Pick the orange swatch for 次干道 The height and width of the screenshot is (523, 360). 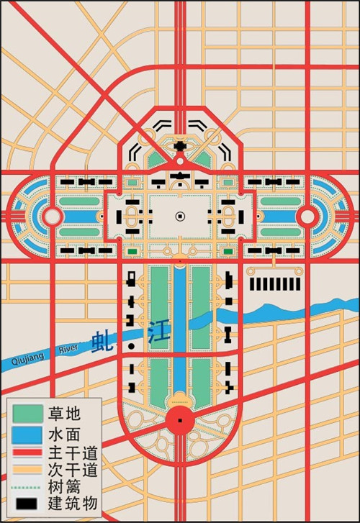click(x=27, y=470)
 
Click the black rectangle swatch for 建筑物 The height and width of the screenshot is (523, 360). click(x=27, y=503)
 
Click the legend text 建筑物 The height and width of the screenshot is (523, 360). click(x=73, y=502)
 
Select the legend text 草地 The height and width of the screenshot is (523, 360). click(x=64, y=414)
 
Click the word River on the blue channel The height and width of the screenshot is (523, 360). click(x=67, y=349)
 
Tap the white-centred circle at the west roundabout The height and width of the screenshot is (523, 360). click(x=52, y=216)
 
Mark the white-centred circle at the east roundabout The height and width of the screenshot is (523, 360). click(x=307, y=216)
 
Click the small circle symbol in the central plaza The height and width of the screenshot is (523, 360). click(x=179, y=216)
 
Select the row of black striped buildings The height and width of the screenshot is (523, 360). click(x=274, y=284)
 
